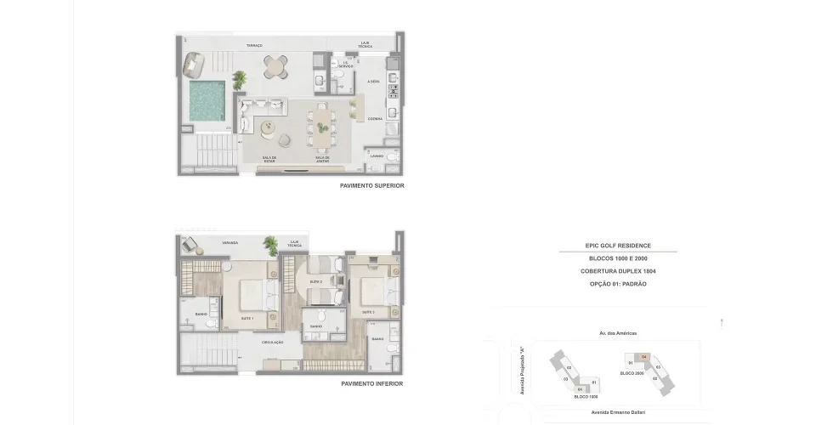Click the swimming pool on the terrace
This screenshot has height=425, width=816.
pos(207,101)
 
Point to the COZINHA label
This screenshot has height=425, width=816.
pos(375,118)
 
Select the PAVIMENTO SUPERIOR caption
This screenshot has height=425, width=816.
pos(371,185)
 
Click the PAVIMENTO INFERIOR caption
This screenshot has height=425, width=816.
pos(371,383)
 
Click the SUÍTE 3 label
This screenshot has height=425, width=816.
pos(369,312)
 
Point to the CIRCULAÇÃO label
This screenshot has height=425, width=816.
pos(273,342)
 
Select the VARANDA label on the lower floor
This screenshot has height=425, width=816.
pos(229,242)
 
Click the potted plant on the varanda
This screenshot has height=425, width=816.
pos(271,245)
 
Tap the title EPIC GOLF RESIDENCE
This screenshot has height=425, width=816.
pos(618,246)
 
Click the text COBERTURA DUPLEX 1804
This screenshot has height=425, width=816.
pos(618,270)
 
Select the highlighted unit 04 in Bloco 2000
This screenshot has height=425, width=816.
pos(644,357)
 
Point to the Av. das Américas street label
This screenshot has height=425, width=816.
pos(618,333)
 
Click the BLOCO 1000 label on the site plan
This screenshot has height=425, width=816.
pos(586,397)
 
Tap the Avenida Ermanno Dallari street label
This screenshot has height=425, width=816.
pos(618,411)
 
